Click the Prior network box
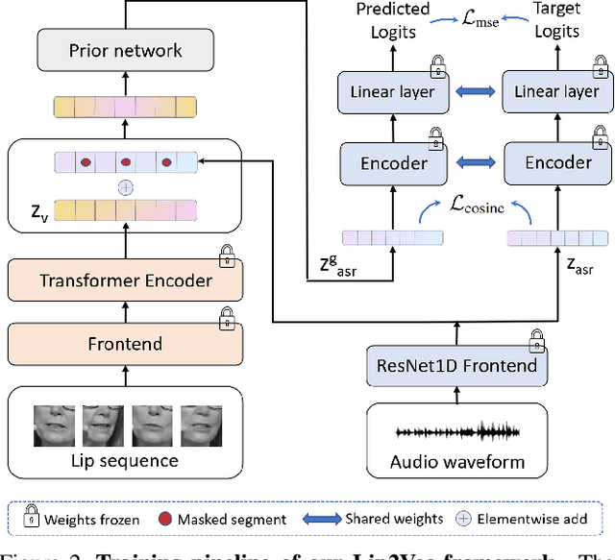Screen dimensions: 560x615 click(125, 50)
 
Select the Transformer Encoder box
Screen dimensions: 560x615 click(125, 280)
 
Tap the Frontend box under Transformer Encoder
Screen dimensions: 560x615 click(125, 343)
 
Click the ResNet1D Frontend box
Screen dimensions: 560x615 click(456, 365)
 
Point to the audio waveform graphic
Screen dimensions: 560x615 click(456, 432)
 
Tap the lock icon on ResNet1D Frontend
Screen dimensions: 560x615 click(534, 340)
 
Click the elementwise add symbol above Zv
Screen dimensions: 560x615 click(125, 187)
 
